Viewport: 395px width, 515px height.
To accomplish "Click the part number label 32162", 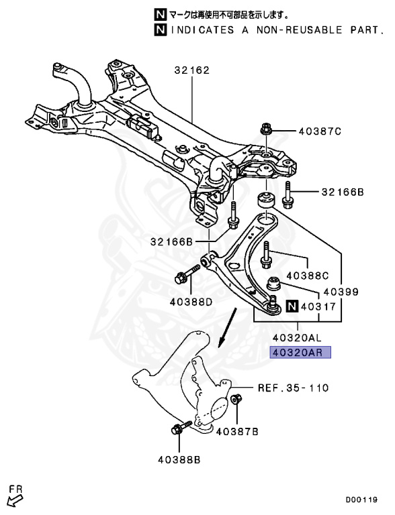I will [x=193, y=70].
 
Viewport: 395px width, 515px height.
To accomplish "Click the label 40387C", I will [x=319, y=131].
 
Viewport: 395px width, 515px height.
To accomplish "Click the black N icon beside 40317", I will [x=291, y=308].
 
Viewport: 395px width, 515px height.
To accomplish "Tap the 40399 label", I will [x=341, y=292].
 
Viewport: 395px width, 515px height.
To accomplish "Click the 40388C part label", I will [x=308, y=276].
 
